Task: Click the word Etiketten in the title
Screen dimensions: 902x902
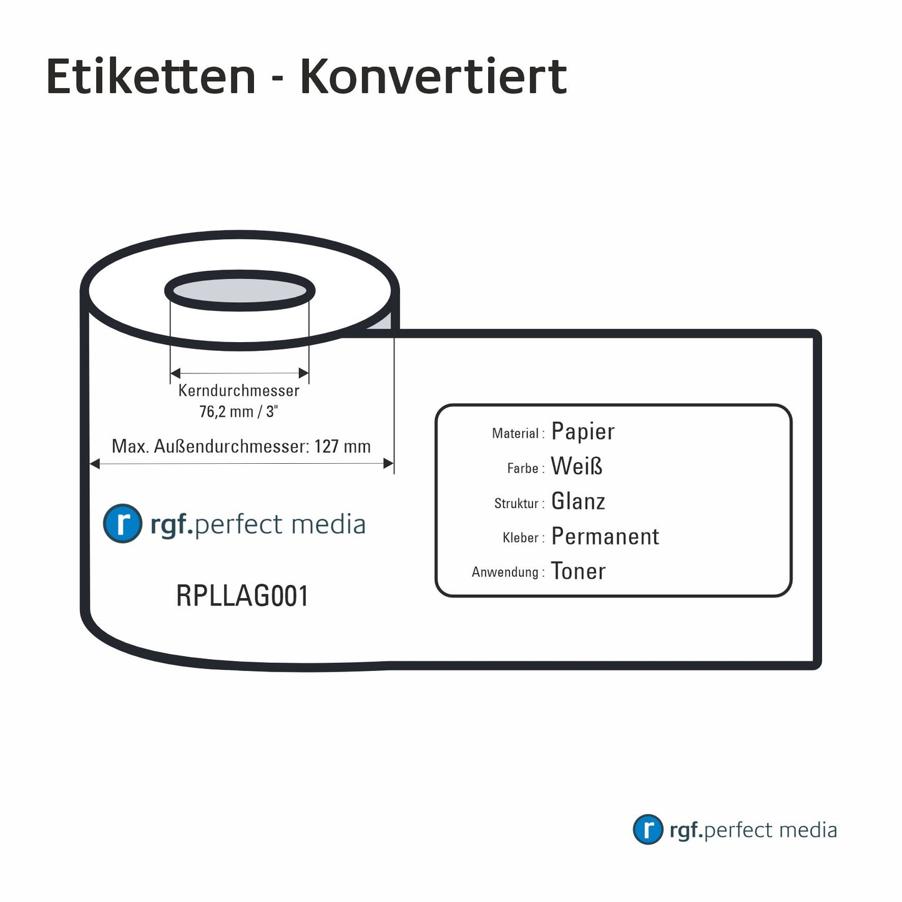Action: (x=150, y=77)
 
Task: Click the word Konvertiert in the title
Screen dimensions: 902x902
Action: (x=433, y=77)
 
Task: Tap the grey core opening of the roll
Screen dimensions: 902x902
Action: (x=240, y=291)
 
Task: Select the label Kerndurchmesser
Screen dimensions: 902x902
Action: (x=238, y=391)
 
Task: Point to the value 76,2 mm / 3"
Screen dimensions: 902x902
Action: (x=238, y=412)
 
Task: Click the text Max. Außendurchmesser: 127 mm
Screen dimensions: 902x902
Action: (x=241, y=446)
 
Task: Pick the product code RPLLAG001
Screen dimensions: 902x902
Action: (x=242, y=596)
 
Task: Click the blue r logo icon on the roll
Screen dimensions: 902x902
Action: (x=122, y=523)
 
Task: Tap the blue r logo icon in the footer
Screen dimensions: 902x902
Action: (x=647, y=830)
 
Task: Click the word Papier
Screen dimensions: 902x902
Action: (x=583, y=431)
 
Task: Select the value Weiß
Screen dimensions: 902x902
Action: (x=577, y=466)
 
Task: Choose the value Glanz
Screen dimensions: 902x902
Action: (x=578, y=501)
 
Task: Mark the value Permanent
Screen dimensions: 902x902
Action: (x=605, y=536)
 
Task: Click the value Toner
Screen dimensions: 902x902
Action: (x=578, y=571)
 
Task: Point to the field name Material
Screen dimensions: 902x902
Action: (x=515, y=433)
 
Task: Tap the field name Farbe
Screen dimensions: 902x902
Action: (x=522, y=468)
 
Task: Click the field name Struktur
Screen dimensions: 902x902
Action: (x=516, y=503)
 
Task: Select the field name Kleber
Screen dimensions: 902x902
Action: (x=521, y=537)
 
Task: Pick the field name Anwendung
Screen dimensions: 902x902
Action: (x=505, y=572)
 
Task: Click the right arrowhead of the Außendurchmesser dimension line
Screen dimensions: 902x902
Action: (x=388, y=463)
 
